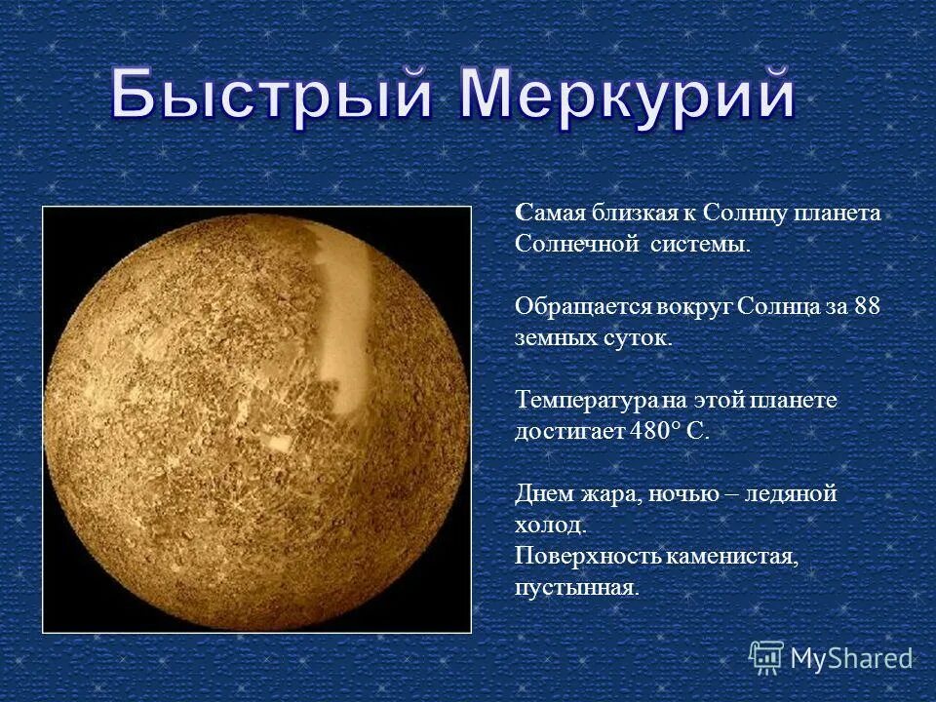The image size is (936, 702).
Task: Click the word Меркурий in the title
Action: tap(628, 97)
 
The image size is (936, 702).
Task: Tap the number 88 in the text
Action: tap(867, 306)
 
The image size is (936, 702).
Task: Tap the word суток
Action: tap(641, 338)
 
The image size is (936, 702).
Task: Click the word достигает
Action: tap(567, 431)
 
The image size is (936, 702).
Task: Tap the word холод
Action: tap(550, 525)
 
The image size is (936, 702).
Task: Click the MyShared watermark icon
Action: tap(766, 658)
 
